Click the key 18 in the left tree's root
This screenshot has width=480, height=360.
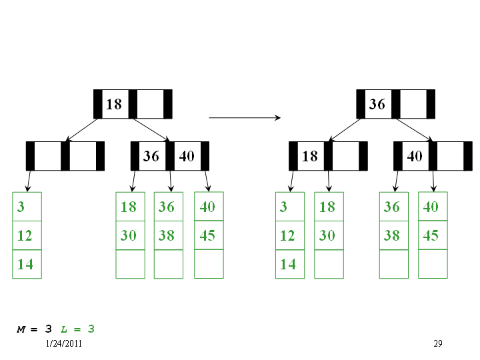114,104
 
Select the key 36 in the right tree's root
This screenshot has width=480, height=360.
377,104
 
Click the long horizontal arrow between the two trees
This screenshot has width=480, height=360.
245,117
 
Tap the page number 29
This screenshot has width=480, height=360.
438,343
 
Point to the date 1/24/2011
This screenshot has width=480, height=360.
64,343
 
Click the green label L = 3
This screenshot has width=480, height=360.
77,329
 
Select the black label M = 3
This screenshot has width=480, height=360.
34,329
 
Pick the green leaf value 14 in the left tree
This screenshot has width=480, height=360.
25,264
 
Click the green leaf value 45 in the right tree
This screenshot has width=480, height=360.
431,235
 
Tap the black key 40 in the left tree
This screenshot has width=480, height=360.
187,156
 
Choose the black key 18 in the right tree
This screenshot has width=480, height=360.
310,156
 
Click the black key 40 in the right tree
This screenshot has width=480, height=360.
415,156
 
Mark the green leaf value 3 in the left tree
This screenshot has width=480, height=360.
21,207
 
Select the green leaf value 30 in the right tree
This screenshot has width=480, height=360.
327,235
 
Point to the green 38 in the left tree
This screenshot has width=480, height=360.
166,235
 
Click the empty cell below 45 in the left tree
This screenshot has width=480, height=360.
209,264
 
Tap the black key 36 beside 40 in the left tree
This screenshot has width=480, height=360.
151,156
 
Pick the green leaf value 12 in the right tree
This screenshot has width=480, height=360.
287,235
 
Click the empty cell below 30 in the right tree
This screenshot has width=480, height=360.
329,264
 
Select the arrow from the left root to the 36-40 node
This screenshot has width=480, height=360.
151,130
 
